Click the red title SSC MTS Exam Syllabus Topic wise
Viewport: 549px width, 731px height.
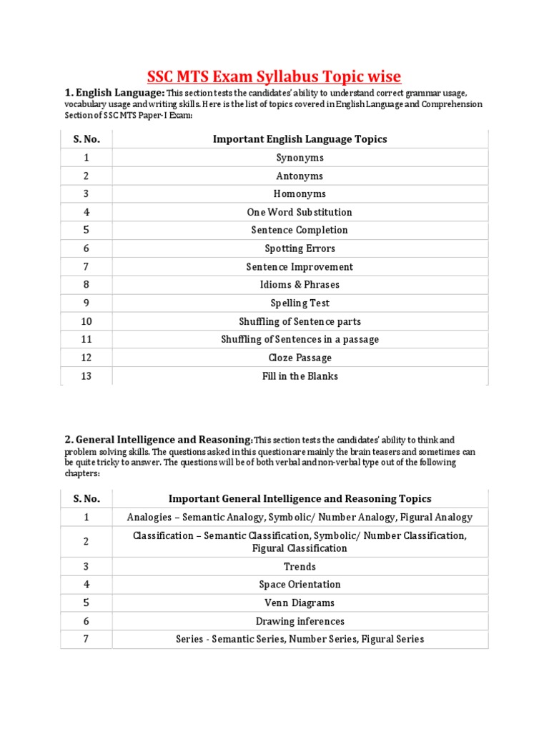(x=274, y=76)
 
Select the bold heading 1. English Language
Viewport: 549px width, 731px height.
(x=115, y=93)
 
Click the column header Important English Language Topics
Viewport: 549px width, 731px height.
(x=300, y=139)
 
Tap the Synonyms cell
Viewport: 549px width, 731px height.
(x=300, y=158)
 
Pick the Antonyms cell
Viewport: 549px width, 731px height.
(x=300, y=176)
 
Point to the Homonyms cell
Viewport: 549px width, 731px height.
(x=300, y=193)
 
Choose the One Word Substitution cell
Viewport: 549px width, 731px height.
(x=300, y=212)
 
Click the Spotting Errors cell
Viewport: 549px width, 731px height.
(x=300, y=248)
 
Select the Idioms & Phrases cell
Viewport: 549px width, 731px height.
(x=300, y=285)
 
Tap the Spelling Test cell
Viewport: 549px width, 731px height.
(x=300, y=303)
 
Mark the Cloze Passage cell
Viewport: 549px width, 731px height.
(x=300, y=358)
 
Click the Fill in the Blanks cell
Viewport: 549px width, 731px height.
(x=300, y=376)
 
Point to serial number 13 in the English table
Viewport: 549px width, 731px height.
(x=86, y=376)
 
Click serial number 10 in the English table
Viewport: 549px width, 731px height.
(x=86, y=321)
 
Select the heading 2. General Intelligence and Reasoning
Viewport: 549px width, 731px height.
(x=158, y=440)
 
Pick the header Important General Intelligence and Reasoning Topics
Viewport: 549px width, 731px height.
(x=300, y=498)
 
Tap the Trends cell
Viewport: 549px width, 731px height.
(x=300, y=566)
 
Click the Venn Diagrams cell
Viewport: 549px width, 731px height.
(x=300, y=603)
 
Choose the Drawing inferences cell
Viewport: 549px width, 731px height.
(x=300, y=621)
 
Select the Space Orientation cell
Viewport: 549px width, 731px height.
(x=300, y=585)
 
